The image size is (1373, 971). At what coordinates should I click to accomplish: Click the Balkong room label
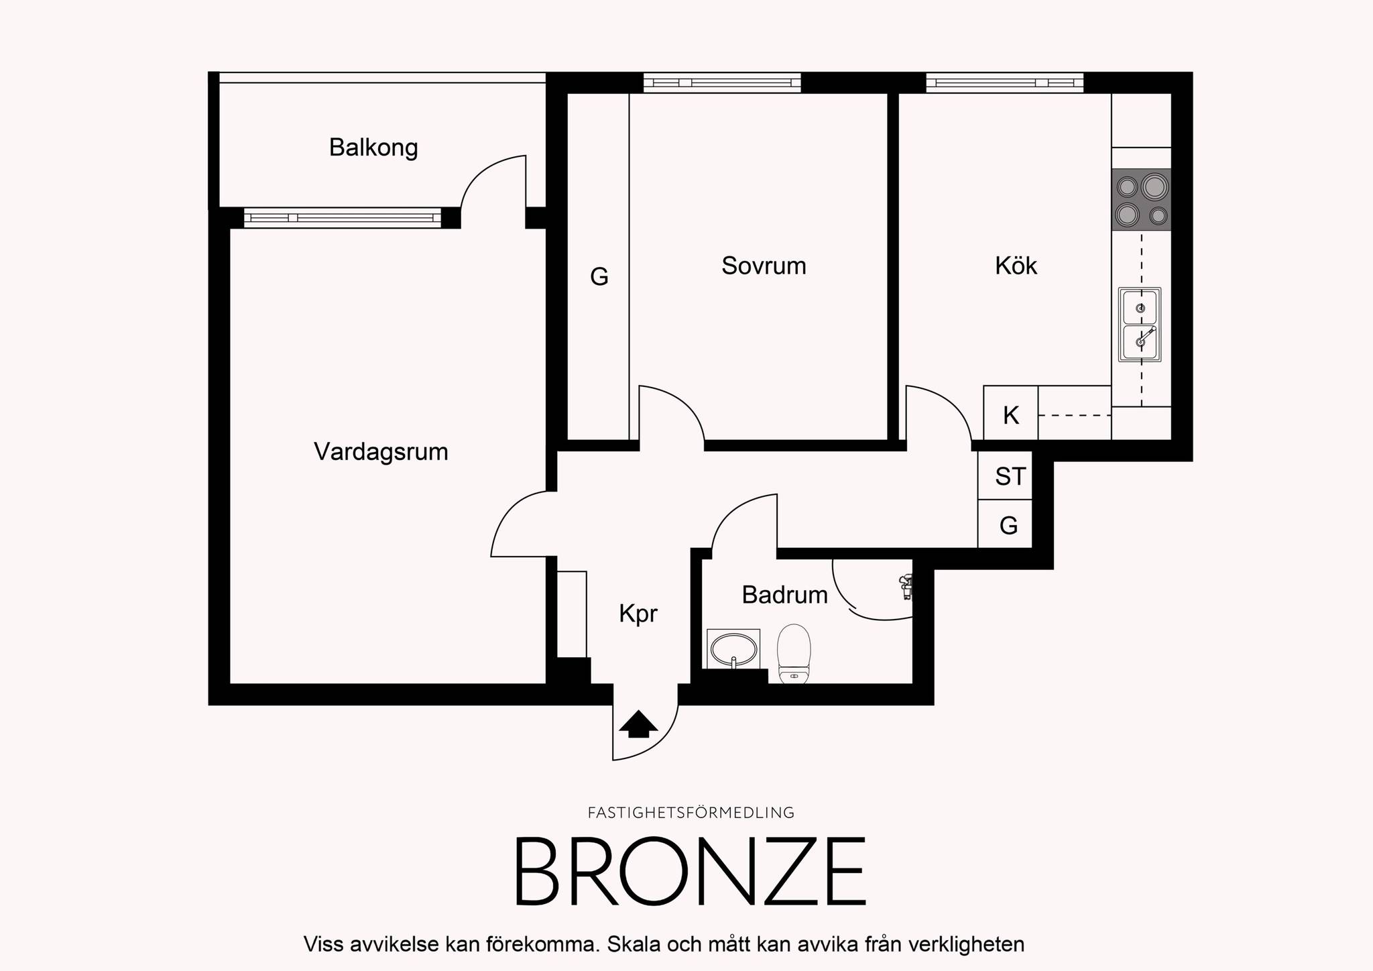point(373,148)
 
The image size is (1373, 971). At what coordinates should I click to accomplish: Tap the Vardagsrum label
point(381,452)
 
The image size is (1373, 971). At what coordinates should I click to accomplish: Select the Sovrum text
point(764,266)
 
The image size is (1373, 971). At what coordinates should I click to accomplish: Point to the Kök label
point(1016,266)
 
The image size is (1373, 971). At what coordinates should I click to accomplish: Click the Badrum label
point(784,595)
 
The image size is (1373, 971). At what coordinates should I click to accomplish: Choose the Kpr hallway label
point(638,614)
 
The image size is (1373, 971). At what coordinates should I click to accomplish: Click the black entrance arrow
point(638,724)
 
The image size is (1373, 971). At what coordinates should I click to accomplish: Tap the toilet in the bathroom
point(794,653)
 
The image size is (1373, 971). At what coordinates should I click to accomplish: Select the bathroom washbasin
point(733,649)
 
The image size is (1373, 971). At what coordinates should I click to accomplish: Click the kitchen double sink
point(1140,325)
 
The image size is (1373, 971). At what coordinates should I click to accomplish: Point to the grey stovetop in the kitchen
point(1141,199)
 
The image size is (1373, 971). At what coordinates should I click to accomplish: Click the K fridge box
point(1010,413)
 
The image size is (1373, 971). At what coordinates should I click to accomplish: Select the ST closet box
point(1005,475)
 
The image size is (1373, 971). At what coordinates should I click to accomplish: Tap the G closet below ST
point(1005,524)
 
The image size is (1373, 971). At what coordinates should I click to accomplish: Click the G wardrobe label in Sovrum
point(599,277)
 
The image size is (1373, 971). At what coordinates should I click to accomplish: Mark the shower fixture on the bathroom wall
point(905,586)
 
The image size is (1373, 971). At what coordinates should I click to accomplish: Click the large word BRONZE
point(690,871)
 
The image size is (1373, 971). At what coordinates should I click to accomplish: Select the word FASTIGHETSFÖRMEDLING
point(691,813)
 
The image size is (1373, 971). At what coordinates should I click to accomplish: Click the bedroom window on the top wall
point(722,82)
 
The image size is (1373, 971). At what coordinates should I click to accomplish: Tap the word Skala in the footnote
point(637,944)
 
